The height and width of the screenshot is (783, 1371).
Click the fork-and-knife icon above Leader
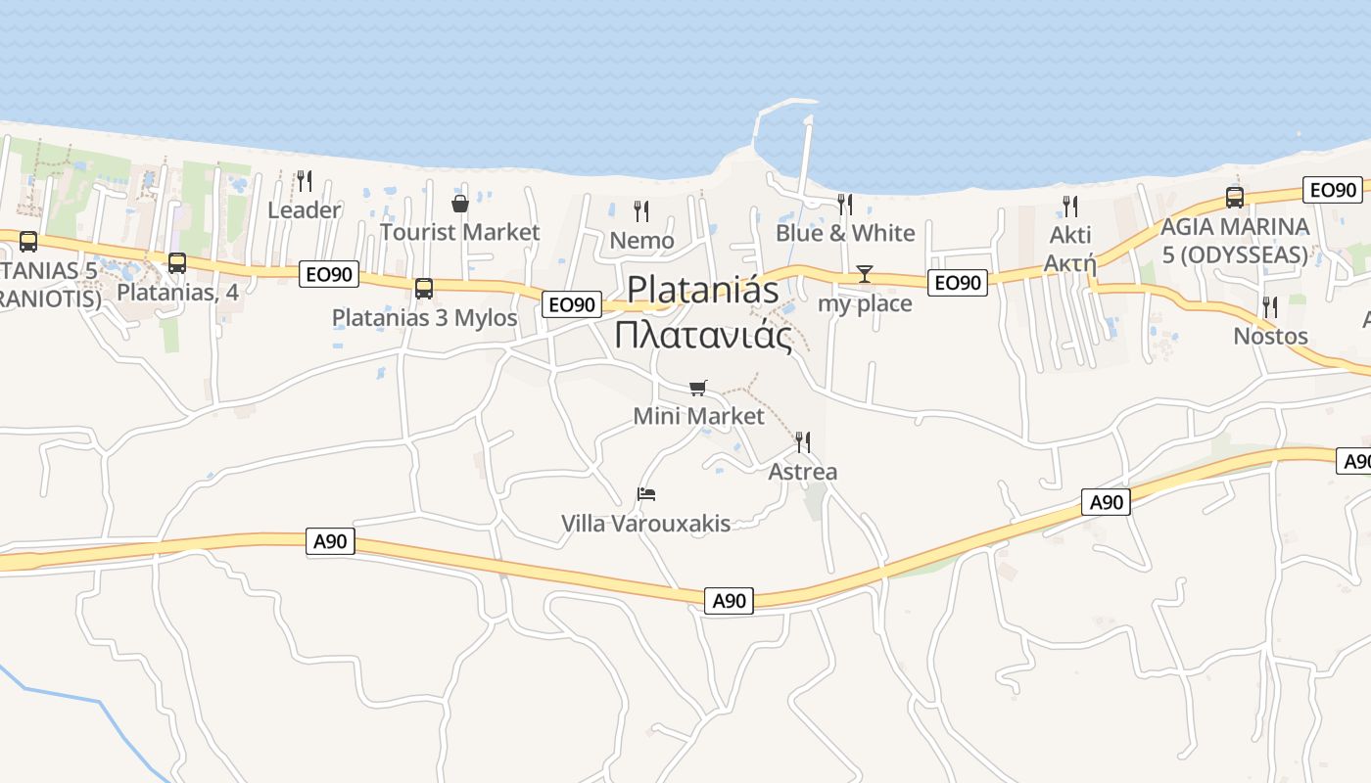point(305,180)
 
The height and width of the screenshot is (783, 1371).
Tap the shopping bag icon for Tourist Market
point(459,204)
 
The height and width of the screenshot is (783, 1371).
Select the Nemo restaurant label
point(641,240)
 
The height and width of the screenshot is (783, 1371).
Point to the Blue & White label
point(845,233)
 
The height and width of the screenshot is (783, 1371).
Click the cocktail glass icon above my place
point(865,273)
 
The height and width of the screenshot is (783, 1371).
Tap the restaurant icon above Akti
point(1070,206)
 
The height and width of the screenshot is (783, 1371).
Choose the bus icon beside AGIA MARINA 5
point(1235,198)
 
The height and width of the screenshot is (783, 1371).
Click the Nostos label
point(1270,336)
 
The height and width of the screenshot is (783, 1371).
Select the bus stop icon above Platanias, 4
point(177,263)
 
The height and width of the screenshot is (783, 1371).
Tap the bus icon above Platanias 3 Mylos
point(424,289)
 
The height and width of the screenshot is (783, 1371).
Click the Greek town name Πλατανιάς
point(703,335)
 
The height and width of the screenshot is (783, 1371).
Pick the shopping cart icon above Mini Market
point(697,388)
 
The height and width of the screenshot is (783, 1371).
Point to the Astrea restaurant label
point(803,472)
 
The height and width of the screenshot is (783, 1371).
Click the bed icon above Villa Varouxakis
point(645,493)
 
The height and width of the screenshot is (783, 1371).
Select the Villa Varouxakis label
point(645,524)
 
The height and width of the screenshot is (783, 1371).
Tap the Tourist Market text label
point(459,232)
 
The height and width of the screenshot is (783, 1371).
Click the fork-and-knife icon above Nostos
point(1270,307)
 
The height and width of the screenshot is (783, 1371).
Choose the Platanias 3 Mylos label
point(424,318)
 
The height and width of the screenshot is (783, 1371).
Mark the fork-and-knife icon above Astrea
point(803,442)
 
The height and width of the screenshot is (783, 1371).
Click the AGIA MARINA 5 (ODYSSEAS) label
point(1234,241)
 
